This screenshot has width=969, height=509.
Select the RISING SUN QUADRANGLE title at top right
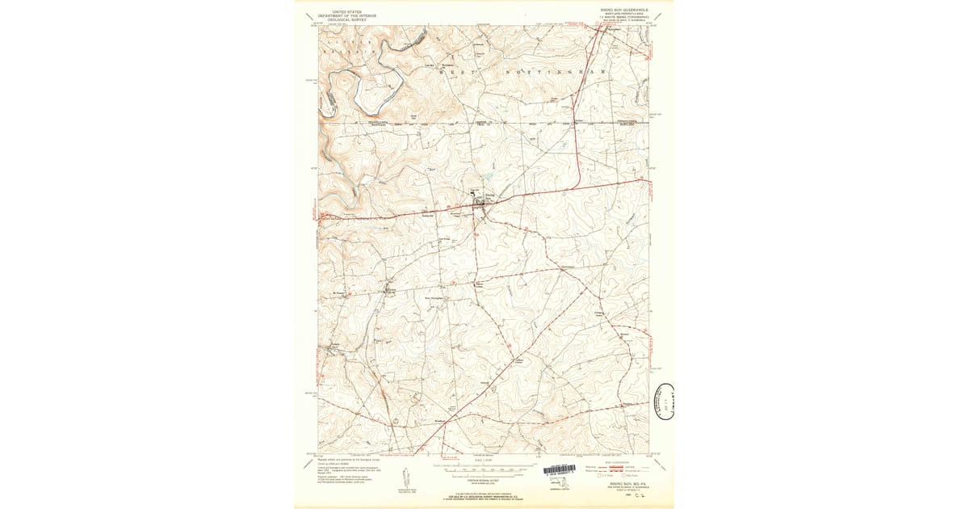click(624, 11)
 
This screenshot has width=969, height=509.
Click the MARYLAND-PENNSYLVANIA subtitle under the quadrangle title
click(624, 15)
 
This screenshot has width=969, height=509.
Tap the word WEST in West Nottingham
click(454, 73)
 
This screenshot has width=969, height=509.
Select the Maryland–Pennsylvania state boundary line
click(484, 124)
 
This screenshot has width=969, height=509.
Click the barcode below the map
click(565, 469)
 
